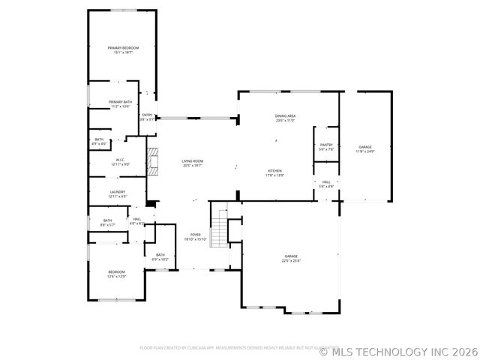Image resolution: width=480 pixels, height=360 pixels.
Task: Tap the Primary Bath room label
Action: click(x=120, y=104)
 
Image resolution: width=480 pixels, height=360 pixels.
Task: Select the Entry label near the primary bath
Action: click(x=148, y=117)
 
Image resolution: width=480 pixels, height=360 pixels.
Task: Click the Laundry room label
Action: click(x=118, y=194)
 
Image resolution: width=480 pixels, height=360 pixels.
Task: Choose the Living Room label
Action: click(x=193, y=163)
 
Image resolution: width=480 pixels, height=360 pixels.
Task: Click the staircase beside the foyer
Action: click(x=219, y=229)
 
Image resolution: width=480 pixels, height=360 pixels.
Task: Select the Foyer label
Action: click(x=195, y=237)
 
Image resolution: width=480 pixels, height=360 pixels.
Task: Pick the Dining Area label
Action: click(x=285, y=118)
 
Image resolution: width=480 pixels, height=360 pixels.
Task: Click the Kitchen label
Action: click(x=275, y=173)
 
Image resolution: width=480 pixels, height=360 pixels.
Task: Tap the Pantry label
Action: click(x=326, y=147)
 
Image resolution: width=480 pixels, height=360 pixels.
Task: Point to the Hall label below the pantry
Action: click(x=326, y=184)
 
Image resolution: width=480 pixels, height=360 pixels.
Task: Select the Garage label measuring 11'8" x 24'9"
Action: click(x=364, y=149)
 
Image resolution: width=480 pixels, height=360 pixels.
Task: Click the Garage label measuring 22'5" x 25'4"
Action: click(x=290, y=259)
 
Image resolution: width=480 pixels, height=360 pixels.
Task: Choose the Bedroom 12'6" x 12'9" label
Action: click(x=116, y=274)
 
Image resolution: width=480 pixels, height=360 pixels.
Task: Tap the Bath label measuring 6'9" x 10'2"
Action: click(x=160, y=257)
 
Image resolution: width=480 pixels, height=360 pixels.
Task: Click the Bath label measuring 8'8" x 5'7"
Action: click(x=107, y=223)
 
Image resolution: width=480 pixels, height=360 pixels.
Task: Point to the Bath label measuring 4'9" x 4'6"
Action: click(x=99, y=141)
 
